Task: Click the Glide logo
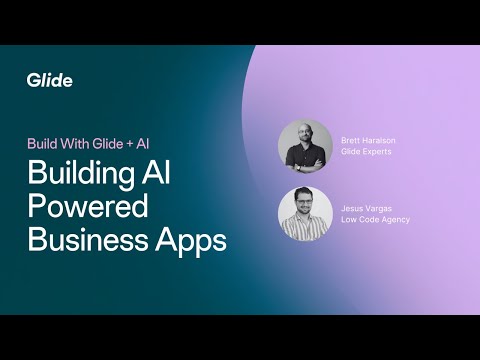click(50, 80)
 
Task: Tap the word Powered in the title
click(88, 208)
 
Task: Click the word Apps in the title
click(190, 242)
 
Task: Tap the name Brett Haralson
click(370, 140)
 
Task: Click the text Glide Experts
click(367, 152)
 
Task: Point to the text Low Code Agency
click(375, 219)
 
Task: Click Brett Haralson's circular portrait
click(305, 147)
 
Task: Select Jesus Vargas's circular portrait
click(305, 213)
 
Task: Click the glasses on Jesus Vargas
click(305, 203)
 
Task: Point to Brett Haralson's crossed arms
click(305, 160)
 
